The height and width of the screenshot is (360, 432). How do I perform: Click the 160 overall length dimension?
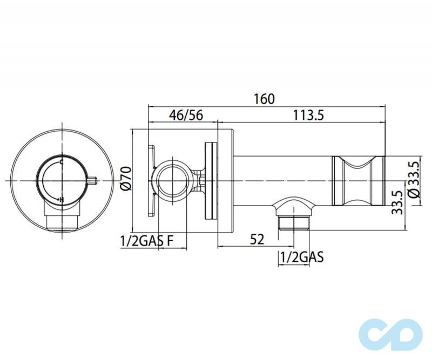pyautogui.click(x=265, y=99)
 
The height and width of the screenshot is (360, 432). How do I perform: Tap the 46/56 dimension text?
pyautogui.click(x=185, y=115)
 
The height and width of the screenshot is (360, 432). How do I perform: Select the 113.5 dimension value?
pyautogui.click(x=308, y=115)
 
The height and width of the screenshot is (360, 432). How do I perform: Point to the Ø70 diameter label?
pyautogui.click(x=126, y=178)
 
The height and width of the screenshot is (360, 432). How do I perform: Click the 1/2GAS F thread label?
pyautogui.click(x=146, y=241)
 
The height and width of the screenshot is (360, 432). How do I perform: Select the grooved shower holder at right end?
pyautogui.click(x=359, y=180)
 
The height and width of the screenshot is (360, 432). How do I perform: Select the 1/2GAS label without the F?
pyautogui.click(x=301, y=258)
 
